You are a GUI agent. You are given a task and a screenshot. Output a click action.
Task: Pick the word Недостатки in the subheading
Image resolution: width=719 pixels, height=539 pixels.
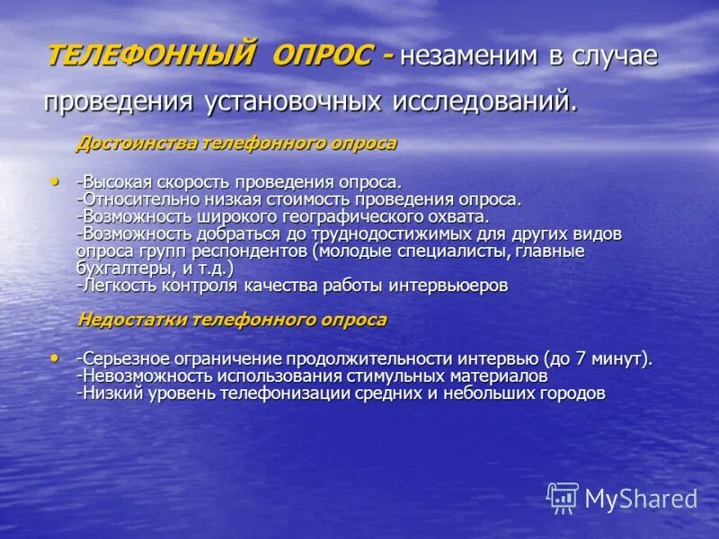point(132,319)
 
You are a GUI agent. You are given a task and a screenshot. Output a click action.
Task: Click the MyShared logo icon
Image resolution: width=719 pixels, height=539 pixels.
point(563,498)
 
